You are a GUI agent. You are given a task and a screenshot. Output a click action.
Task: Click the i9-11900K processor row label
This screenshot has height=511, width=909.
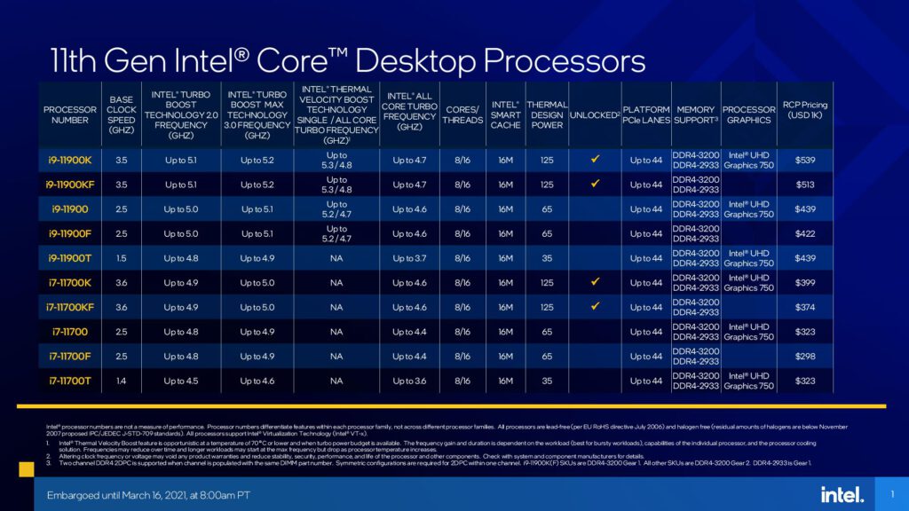click(70, 160)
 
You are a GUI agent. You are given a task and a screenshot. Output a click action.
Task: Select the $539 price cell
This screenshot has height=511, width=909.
click(804, 160)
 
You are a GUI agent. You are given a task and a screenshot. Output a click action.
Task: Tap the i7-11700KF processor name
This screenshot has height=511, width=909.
click(70, 307)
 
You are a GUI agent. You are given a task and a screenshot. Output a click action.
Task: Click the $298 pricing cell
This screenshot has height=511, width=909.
click(804, 356)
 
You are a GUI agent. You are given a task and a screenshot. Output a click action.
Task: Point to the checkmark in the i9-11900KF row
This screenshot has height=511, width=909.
click(595, 184)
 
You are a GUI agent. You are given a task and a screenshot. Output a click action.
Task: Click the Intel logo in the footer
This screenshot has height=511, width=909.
click(842, 493)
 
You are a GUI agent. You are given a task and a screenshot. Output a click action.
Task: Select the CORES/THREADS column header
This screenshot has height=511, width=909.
click(462, 115)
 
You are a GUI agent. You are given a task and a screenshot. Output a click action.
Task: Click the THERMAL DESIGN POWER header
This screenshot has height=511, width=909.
click(547, 115)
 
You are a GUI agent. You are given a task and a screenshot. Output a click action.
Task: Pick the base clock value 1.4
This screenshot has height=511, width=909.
click(122, 381)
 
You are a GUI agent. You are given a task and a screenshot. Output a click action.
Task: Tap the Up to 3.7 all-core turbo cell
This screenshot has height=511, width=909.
click(409, 258)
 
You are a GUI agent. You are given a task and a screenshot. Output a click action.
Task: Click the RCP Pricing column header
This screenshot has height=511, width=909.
click(804, 110)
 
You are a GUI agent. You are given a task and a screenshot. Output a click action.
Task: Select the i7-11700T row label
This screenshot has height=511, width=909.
click(70, 381)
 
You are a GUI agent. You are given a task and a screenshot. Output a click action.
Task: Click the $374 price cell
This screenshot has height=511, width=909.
click(804, 307)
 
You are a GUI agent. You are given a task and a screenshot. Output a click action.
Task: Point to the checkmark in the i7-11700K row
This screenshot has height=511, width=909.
click(595, 281)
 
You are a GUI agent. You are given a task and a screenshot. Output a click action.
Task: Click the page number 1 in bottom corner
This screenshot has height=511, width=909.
click(890, 493)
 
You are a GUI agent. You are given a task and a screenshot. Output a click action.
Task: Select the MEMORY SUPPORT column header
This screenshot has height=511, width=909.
click(694, 115)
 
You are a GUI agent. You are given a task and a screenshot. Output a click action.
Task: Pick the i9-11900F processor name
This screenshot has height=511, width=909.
click(70, 233)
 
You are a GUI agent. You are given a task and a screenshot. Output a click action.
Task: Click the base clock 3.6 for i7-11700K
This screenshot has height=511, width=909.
click(122, 282)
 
